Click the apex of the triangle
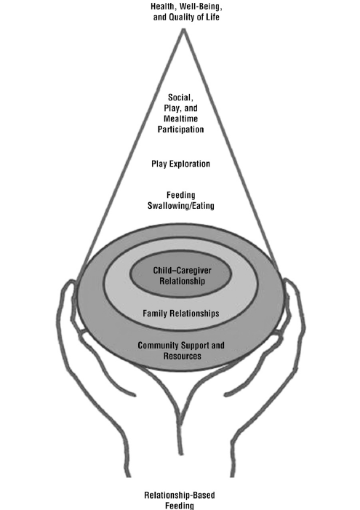coord(180,31)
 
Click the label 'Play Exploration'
coord(180,164)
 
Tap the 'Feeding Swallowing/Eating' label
coord(180,201)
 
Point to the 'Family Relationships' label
coord(180,314)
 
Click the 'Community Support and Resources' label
coord(180,350)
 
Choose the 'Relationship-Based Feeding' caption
coord(180,501)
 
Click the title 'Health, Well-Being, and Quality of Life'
coord(180,12)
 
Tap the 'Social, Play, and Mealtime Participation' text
coord(180,113)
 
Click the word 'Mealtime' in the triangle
coord(180,119)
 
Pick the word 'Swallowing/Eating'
coord(180,206)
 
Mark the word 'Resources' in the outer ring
coord(180,356)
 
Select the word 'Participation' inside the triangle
coord(180,130)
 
